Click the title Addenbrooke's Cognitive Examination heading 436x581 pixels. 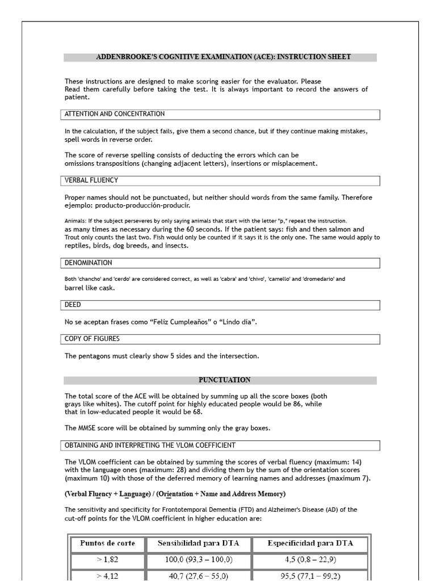pyautogui.click(x=223, y=57)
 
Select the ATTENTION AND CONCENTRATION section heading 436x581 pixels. pyautogui.click(x=115, y=114)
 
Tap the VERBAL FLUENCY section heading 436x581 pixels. pyautogui.click(x=91, y=180)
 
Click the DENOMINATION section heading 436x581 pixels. pyautogui.click(x=88, y=263)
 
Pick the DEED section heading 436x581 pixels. pyautogui.click(x=73, y=305)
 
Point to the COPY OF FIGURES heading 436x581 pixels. pyautogui.click(x=92, y=339)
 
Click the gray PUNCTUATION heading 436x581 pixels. pyautogui.click(x=224, y=380)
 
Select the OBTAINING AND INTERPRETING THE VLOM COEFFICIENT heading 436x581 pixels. pyautogui.click(x=150, y=445)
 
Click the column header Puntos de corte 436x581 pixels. pyautogui.click(x=107, y=543)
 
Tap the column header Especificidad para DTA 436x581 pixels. pyautogui.click(x=310, y=543)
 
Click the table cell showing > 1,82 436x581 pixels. pyautogui.click(x=107, y=559)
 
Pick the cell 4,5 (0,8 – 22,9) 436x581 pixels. pyautogui.click(x=310, y=559)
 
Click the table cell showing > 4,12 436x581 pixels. pyautogui.click(x=107, y=575)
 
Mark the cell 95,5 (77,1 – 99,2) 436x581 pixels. pyautogui.click(x=310, y=575)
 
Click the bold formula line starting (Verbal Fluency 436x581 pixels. pyautogui.click(x=175, y=494)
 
